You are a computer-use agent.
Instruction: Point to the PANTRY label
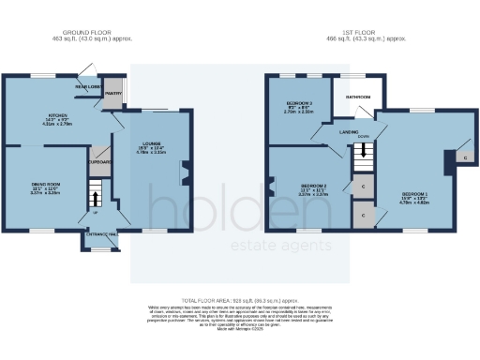pyautogui.click(x=114, y=94)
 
